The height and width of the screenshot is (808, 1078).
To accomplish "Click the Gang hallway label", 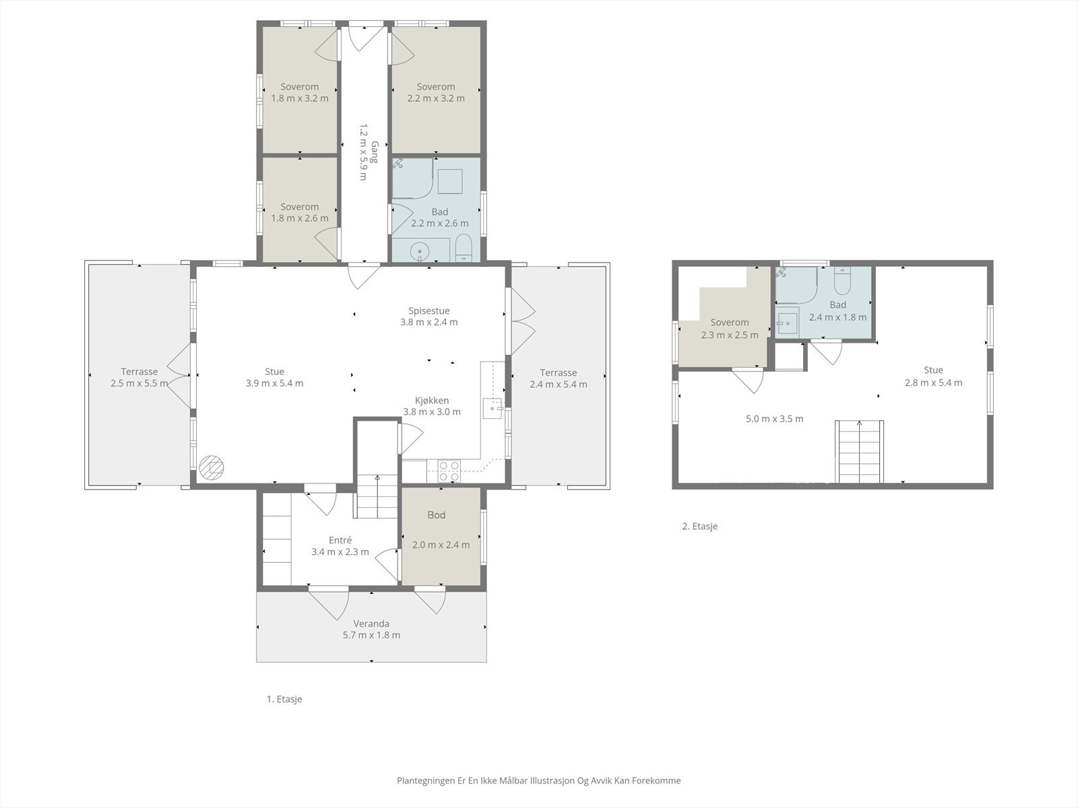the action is click(x=375, y=152).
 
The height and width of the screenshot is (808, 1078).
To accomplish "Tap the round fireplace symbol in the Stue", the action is click(x=212, y=467).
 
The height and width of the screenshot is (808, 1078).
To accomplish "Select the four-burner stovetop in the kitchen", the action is click(x=449, y=471).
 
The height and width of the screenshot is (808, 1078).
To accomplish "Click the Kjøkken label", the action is click(x=432, y=401).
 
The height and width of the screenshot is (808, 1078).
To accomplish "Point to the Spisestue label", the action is click(x=429, y=310).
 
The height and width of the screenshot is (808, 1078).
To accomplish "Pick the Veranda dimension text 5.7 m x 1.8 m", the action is click(x=371, y=635).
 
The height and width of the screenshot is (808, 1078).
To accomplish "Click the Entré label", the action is click(x=340, y=540).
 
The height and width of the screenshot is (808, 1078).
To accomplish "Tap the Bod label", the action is click(x=436, y=514).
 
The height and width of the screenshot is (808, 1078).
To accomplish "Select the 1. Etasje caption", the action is click(x=284, y=699).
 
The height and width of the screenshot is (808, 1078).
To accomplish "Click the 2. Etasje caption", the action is click(x=700, y=526).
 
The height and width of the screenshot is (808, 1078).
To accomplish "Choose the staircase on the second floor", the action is click(x=860, y=451).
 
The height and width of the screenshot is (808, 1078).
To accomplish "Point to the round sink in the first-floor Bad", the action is click(x=420, y=252).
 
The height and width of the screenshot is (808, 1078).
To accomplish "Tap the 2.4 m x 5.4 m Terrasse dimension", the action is click(x=558, y=384).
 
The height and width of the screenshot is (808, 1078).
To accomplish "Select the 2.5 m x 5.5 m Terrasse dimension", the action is click(x=139, y=383).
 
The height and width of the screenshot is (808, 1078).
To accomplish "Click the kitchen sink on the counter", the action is click(x=493, y=408).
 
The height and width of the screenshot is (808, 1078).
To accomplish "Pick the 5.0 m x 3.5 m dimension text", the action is click(x=775, y=418).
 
